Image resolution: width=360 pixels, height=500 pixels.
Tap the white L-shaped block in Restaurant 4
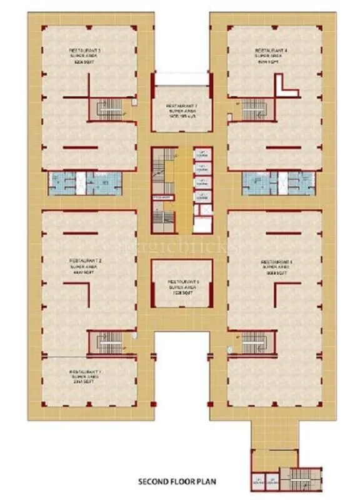286,86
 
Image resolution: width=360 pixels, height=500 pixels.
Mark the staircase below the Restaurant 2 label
102,342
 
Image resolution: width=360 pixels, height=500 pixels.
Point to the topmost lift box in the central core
201,154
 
